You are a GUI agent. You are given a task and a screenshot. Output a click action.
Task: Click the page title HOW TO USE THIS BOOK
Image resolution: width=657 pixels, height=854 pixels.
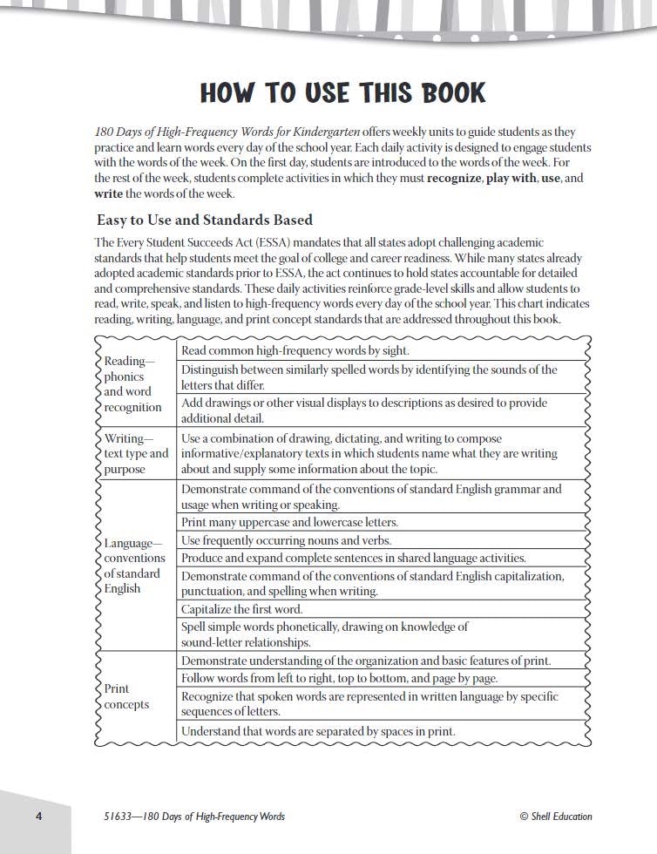pos(342,92)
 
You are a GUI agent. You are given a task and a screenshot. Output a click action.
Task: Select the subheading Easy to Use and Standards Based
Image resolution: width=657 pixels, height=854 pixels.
pos(204,220)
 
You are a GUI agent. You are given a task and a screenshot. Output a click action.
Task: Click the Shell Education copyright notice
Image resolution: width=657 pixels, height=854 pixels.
pos(555,817)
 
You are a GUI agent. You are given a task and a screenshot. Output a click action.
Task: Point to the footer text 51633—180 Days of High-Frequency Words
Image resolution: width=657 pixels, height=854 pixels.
pos(189,817)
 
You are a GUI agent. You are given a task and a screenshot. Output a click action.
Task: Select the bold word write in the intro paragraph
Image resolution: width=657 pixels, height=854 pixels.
pos(109,193)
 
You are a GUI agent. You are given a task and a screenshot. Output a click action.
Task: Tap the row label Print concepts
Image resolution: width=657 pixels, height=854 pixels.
pos(126,696)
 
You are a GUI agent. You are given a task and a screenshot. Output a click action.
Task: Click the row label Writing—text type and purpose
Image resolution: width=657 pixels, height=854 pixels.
pos(135,453)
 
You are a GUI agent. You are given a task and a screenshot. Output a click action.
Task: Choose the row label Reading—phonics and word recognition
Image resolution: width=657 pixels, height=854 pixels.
pos(132,383)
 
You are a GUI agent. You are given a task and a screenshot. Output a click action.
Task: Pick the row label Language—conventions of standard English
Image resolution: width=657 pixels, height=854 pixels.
pos(133,566)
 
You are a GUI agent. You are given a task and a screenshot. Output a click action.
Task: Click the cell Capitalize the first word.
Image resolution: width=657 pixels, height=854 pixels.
pos(242,609)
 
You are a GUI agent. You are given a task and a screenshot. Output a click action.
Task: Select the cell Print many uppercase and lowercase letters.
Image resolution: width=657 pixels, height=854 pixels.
pos(289,522)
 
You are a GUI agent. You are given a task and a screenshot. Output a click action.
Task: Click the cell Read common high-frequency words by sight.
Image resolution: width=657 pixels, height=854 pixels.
pos(295,350)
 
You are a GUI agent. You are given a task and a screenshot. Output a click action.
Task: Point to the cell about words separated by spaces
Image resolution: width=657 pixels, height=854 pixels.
pos(318,731)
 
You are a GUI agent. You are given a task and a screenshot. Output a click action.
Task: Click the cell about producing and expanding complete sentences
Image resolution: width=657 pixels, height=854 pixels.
pos(353,558)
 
